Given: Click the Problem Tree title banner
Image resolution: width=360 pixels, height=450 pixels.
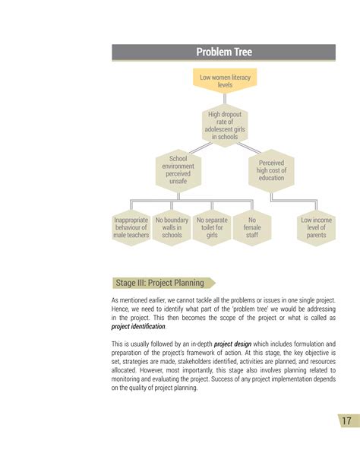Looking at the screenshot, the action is click(x=224, y=52).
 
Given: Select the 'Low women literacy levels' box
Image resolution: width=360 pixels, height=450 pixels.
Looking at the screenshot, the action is click(x=225, y=81).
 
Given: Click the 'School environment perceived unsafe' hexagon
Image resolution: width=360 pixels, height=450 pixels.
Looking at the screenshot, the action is click(x=178, y=170).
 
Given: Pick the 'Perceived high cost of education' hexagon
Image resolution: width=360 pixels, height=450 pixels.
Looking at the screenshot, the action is click(x=271, y=170).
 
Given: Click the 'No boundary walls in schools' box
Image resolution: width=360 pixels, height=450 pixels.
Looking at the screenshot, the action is click(x=172, y=227).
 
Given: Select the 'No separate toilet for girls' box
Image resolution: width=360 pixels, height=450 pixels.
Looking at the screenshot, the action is click(x=212, y=227).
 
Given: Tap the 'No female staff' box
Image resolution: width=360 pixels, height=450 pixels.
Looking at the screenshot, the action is click(x=252, y=227).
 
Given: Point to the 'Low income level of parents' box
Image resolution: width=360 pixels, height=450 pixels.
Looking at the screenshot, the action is click(x=316, y=227).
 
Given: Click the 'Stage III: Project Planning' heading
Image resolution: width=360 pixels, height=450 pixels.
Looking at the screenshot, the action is click(x=159, y=283).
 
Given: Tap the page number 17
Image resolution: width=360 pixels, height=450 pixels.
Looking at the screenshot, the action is click(x=346, y=422).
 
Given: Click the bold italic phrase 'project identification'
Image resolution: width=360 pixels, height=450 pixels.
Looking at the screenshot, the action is click(x=138, y=327).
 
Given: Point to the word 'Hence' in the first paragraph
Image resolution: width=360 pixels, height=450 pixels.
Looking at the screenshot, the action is click(x=122, y=310).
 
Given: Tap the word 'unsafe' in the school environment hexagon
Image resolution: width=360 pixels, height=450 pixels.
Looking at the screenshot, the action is click(x=178, y=182).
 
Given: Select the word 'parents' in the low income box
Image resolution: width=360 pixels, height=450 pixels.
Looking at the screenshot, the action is click(x=316, y=236).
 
